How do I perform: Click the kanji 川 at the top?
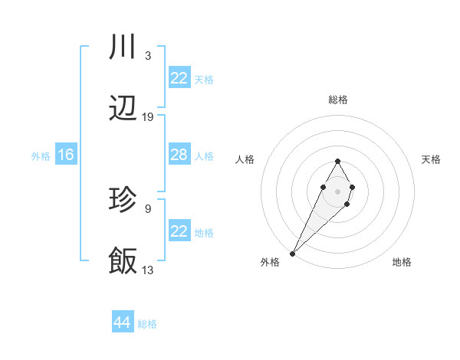(x=123, y=47)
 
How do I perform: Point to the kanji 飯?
(x=123, y=261)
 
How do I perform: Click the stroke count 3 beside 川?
(x=147, y=56)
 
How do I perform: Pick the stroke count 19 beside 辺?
(x=148, y=117)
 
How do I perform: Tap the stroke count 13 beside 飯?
(x=148, y=270)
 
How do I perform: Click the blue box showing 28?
(x=179, y=155)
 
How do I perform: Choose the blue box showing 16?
(x=66, y=155)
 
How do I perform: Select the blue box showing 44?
(x=123, y=322)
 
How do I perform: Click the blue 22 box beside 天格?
(x=179, y=78)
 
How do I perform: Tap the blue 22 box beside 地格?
(x=179, y=231)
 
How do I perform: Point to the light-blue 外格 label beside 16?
(x=41, y=155)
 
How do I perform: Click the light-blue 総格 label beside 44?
(x=147, y=323)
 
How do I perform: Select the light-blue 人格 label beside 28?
(x=204, y=155)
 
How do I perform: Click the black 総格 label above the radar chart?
(x=337, y=100)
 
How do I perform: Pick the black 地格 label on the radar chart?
(x=402, y=262)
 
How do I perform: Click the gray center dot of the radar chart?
(x=337, y=190)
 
